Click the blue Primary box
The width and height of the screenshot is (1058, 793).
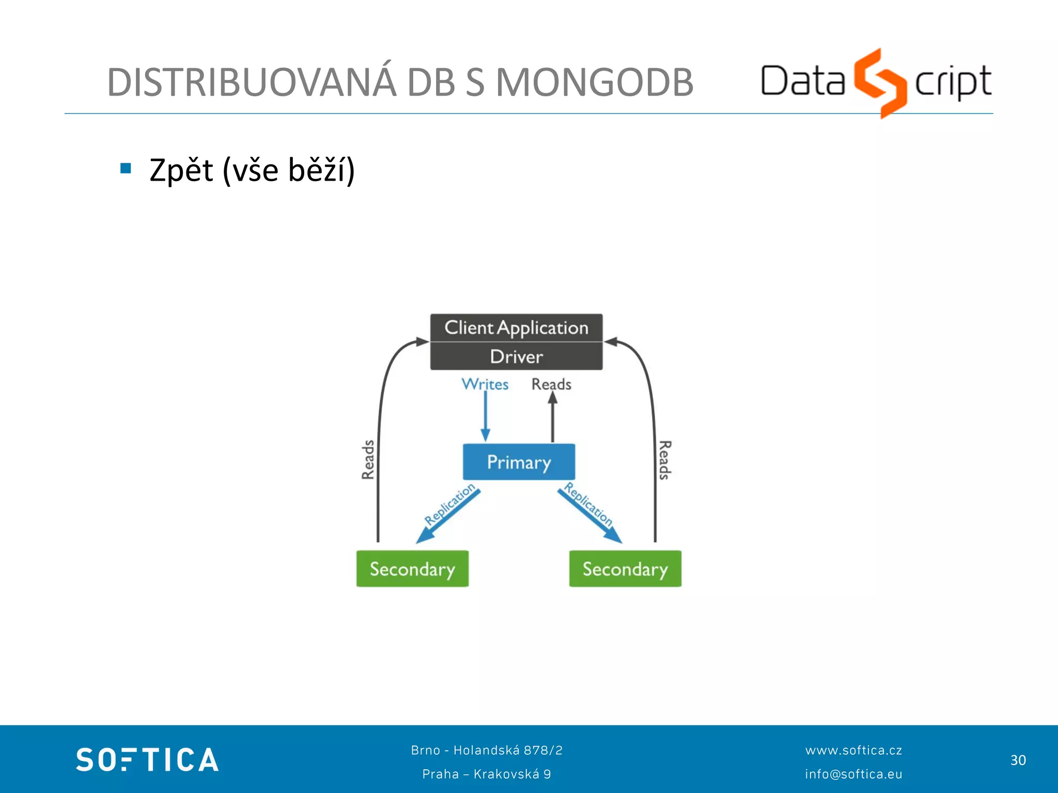click(x=519, y=462)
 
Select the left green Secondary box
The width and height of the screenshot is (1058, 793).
click(x=412, y=568)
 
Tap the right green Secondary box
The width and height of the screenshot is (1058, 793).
click(x=625, y=568)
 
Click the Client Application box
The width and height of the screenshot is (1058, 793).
click(x=516, y=327)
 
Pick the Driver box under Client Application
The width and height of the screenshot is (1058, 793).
click(x=516, y=356)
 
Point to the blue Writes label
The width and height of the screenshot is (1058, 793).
click(x=485, y=384)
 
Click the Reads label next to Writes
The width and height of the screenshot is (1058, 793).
click(x=551, y=384)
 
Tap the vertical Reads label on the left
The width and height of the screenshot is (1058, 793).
click(x=368, y=459)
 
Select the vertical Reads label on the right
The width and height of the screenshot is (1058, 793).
click(x=665, y=459)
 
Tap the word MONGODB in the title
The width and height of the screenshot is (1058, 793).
click(x=594, y=83)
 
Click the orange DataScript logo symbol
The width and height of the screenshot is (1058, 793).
click(x=880, y=83)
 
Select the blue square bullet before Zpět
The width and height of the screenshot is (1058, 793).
click(x=126, y=168)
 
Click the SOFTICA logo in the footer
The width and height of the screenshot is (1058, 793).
click(x=147, y=759)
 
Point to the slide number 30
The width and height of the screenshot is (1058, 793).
click(x=1018, y=760)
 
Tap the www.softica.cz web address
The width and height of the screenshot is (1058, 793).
click(x=853, y=750)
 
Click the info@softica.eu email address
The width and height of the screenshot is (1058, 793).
click(x=853, y=774)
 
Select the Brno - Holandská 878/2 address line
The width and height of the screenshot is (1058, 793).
click(x=487, y=750)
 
